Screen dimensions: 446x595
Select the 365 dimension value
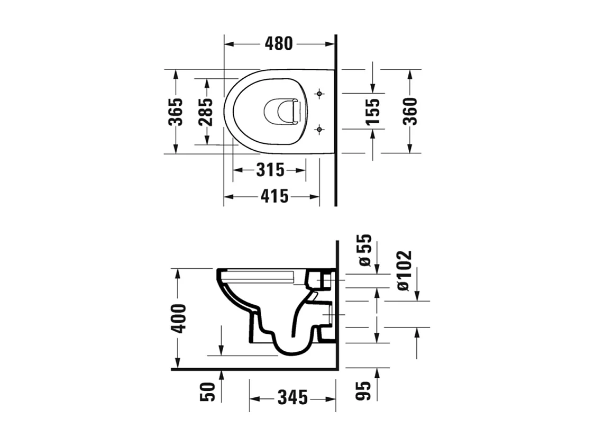176,112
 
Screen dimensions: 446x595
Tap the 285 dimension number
206,112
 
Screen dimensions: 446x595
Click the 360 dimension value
410,111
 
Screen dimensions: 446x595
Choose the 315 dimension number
270,170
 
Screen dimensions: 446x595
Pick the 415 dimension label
274,197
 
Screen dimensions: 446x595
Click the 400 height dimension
179,318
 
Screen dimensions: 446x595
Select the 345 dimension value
292,397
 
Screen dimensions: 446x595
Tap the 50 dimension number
208,392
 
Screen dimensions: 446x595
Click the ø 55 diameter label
365,250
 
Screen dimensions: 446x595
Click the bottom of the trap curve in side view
291,351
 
